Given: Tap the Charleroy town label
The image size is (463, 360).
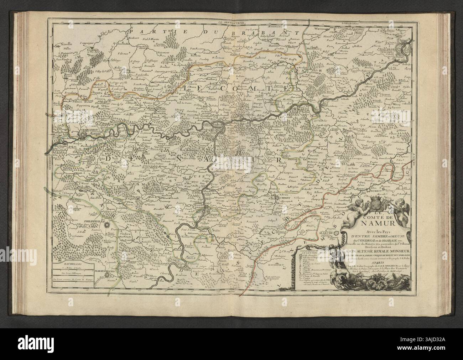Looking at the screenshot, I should (87, 130).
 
